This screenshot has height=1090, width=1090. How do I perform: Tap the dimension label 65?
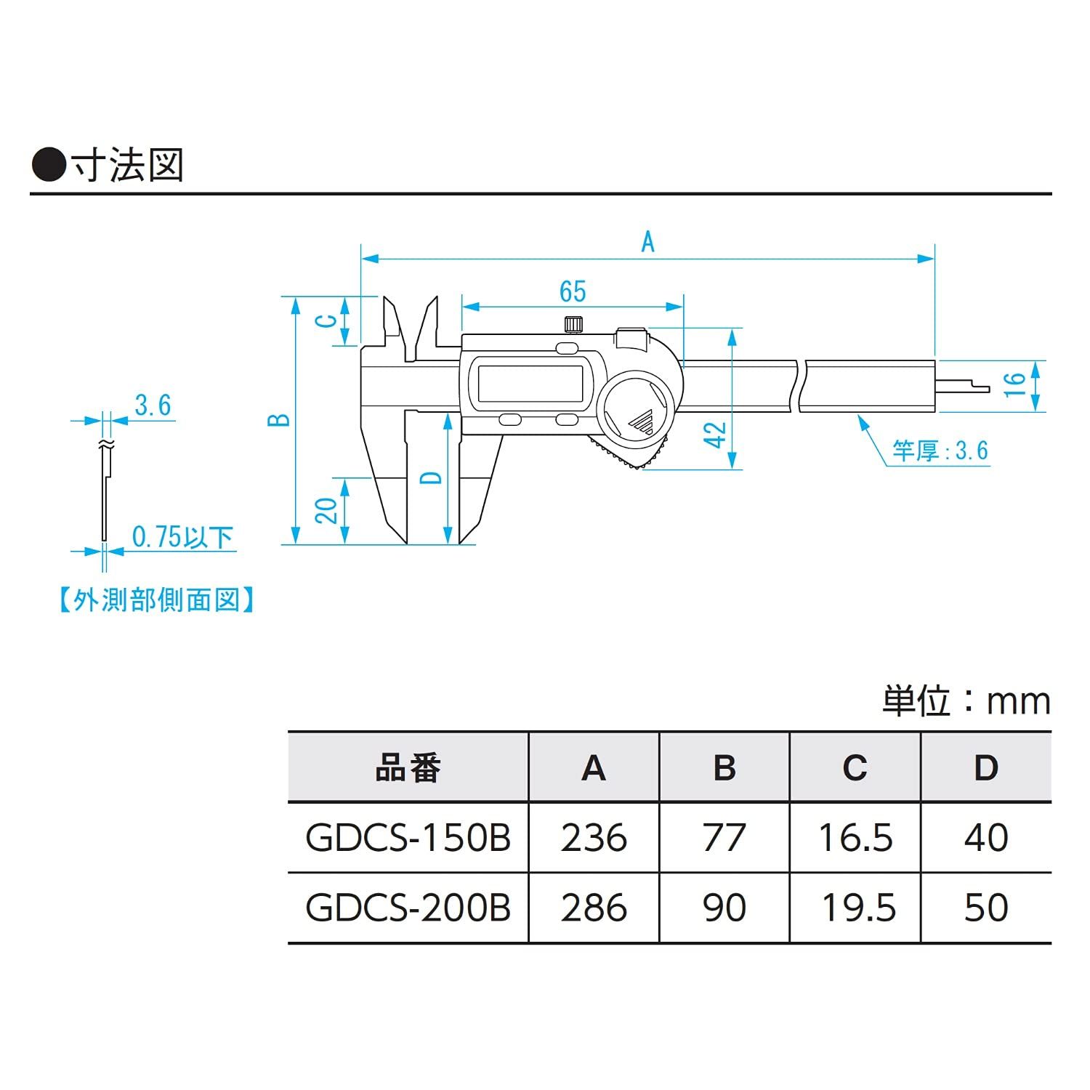[x=573, y=291]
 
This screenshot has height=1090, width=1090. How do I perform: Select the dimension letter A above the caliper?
[x=647, y=241]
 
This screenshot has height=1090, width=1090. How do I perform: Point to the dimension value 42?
[x=716, y=435]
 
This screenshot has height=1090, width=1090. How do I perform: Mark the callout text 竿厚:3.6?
[x=940, y=451]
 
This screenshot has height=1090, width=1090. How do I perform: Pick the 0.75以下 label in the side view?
[x=182, y=538]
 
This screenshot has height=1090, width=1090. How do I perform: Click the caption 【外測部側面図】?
[x=156, y=600]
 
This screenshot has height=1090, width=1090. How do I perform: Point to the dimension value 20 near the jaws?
[x=328, y=510]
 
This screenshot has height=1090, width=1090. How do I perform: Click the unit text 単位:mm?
[x=966, y=701]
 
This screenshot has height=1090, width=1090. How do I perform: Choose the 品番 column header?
[x=408, y=768]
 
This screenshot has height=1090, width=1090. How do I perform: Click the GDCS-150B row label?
[x=408, y=838]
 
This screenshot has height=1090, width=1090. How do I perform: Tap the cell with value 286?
[x=594, y=908]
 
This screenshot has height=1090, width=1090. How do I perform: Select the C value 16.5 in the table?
[x=855, y=838]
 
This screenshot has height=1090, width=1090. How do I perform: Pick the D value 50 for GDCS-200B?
[x=986, y=908]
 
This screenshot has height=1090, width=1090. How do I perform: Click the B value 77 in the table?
[x=724, y=838]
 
